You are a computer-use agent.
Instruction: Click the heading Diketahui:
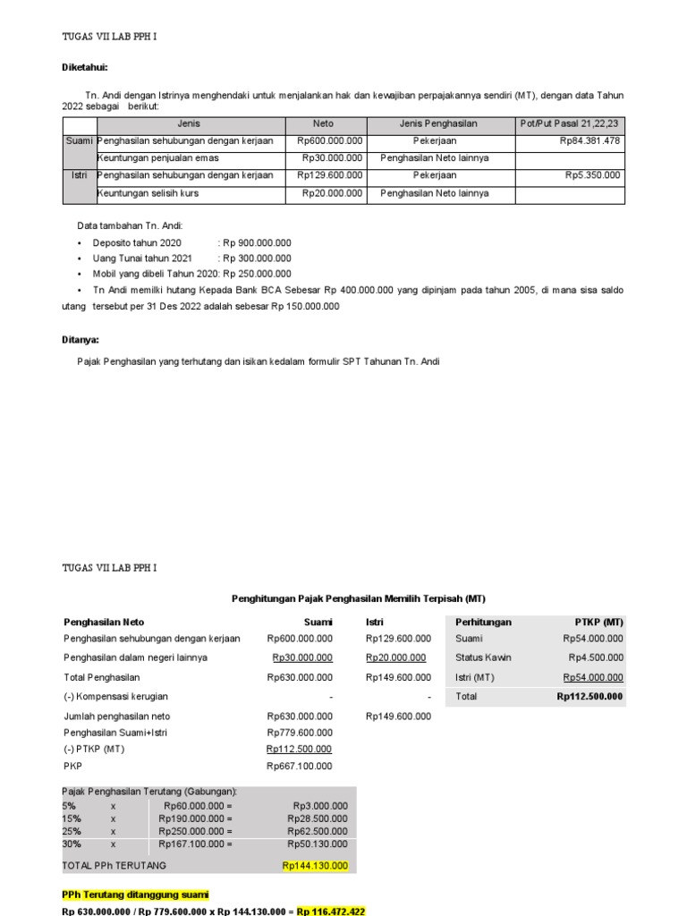point(85,67)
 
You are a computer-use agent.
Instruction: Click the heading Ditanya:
point(81,340)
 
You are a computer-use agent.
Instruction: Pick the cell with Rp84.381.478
point(589,140)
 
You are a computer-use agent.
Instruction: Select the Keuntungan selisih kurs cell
point(148,193)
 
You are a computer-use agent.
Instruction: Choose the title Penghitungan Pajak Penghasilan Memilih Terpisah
point(358,598)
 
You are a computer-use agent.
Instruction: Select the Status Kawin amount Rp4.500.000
point(593,657)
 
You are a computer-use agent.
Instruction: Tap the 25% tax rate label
point(71,831)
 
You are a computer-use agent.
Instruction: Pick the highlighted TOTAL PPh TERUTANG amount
point(314,865)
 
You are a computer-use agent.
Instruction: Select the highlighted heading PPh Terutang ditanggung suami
point(134,895)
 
